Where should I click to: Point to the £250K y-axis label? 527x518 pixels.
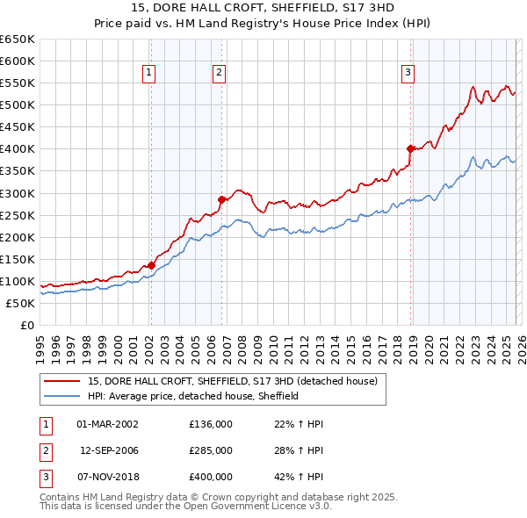[18, 215]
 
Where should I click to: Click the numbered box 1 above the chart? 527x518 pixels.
[150, 74]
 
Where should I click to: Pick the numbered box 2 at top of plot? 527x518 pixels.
[219, 74]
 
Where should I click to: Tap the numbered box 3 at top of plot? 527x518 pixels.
[408, 74]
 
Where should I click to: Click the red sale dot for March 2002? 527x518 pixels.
[151, 265]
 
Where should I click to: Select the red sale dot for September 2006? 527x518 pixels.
[222, 199]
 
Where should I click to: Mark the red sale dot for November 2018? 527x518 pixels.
[410, 148]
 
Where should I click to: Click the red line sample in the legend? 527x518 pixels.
[62, 381]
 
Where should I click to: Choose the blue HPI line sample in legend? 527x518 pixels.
[62, 396]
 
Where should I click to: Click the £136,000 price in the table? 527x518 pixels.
[210, 424]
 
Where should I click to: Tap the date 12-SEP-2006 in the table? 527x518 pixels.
[109, 450]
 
